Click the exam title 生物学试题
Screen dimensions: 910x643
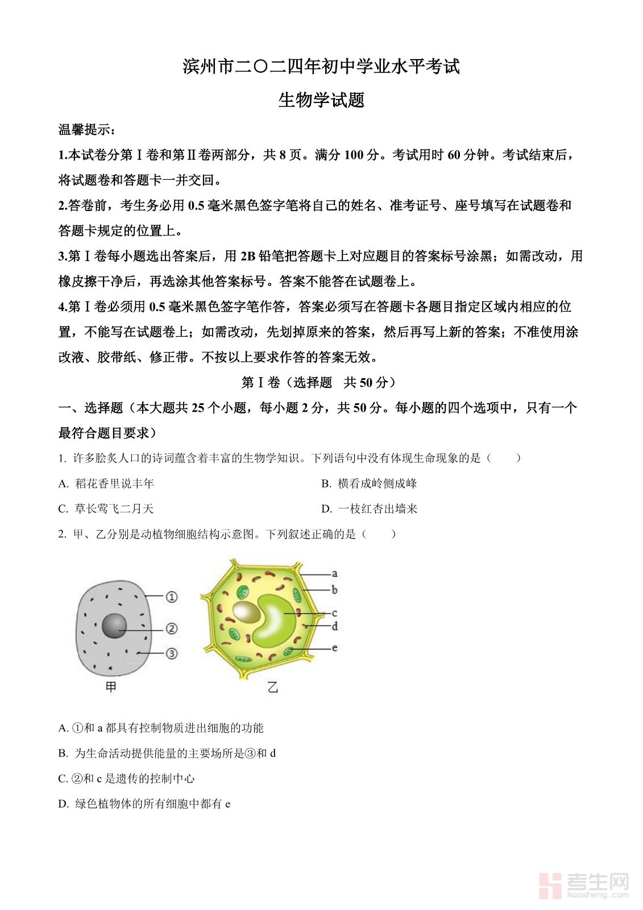coord(321,100)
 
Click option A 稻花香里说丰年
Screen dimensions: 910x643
coord(106,483)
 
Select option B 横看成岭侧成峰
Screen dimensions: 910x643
coord(369,483)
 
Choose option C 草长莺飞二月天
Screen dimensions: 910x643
coord(106,508)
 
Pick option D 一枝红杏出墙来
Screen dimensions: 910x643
coord(369,508)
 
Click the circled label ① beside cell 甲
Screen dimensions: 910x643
coord(171,597)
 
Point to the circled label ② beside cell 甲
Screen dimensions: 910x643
coord(171,628)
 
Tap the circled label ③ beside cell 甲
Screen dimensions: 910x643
coord(171,653)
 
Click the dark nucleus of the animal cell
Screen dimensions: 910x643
coord(114,626)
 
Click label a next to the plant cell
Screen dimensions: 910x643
coord(335,573)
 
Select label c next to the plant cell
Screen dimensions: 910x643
coord(335,613)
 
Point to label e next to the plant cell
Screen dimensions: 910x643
coord(335,647)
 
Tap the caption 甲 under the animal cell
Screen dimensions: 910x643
coord(111,687)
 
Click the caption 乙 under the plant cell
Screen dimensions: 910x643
coord(273,687)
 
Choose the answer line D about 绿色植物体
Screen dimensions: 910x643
coord(144,804)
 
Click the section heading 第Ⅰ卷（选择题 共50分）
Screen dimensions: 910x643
coord(319,382)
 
